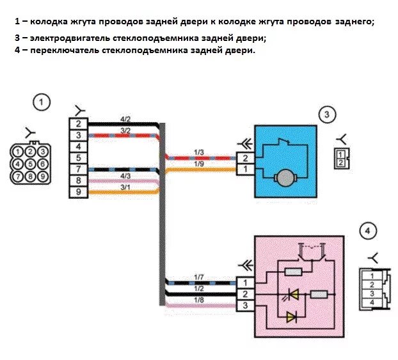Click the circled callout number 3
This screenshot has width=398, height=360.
tap(326, 115)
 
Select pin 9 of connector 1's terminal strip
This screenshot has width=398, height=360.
tap(78, 192)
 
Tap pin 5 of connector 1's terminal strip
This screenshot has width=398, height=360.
tap(78, 157)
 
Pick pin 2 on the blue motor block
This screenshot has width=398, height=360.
tap(244, 158)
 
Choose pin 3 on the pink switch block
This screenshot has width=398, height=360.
tap(244, 306)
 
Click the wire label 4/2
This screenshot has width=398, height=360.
tap(125, 120)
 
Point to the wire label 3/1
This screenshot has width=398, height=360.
tap(125, 187)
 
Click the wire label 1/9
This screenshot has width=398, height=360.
tap(199, 164)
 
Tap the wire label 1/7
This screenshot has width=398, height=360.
tap(199, 276)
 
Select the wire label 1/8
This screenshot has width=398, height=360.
tap(199, 299)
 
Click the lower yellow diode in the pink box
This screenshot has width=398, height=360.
tap(292, 316)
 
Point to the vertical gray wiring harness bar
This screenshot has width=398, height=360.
tap(163, 211)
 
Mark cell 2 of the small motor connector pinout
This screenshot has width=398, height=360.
tap(341, 163)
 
